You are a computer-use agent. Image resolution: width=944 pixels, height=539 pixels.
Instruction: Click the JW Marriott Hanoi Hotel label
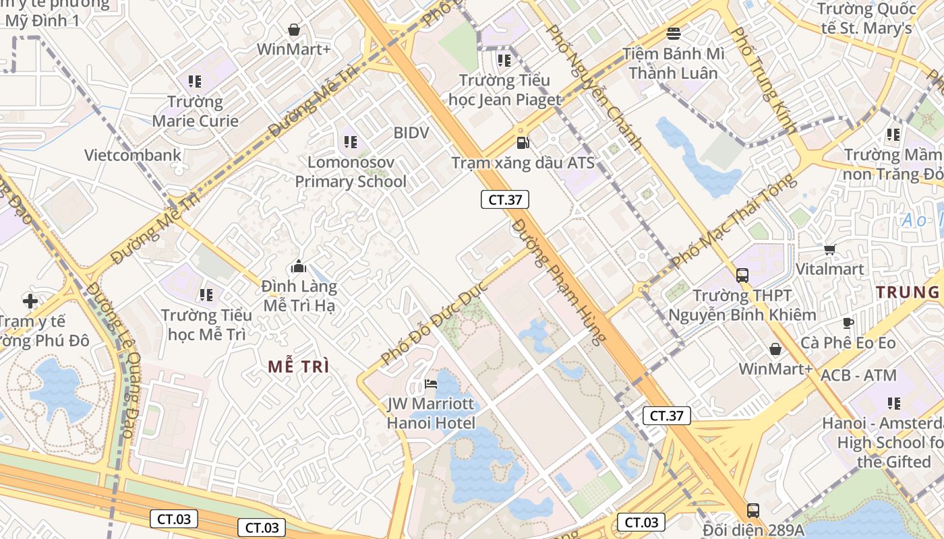(x=431, y=414)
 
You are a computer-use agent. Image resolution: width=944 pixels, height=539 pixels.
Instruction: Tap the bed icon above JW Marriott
(x=431, y=385)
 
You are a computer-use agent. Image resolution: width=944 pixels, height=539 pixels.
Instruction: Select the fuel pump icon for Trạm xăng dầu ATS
(x=523, y=142)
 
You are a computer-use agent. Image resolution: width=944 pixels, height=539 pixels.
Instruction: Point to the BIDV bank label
(x=411, y=133)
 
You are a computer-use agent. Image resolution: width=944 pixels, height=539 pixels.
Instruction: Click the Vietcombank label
(x=133, y=155)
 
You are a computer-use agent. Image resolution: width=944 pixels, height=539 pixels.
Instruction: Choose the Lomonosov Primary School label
(x=351, y=172)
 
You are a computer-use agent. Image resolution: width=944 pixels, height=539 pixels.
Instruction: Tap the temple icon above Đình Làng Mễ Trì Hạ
(x=299, y=267)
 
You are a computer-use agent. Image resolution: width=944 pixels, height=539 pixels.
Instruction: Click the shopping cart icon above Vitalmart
(x=829, y=250)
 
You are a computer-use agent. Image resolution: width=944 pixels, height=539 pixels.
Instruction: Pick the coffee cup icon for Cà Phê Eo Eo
(x=848, y=323)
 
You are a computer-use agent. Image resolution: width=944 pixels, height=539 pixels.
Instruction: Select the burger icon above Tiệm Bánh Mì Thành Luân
(x=673, y=33)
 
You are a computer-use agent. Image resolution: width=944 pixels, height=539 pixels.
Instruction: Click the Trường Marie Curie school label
(x=195, y=111)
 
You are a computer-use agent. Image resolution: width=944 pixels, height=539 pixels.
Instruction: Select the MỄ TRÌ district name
(x=299, y=367)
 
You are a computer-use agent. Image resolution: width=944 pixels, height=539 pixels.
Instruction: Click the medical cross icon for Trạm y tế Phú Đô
(x=30, y=300)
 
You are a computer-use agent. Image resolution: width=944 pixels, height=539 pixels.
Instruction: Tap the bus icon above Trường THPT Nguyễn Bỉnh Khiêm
(x=742, y=275)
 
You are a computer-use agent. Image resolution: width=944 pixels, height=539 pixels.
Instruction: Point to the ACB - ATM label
(x=858, y=376)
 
